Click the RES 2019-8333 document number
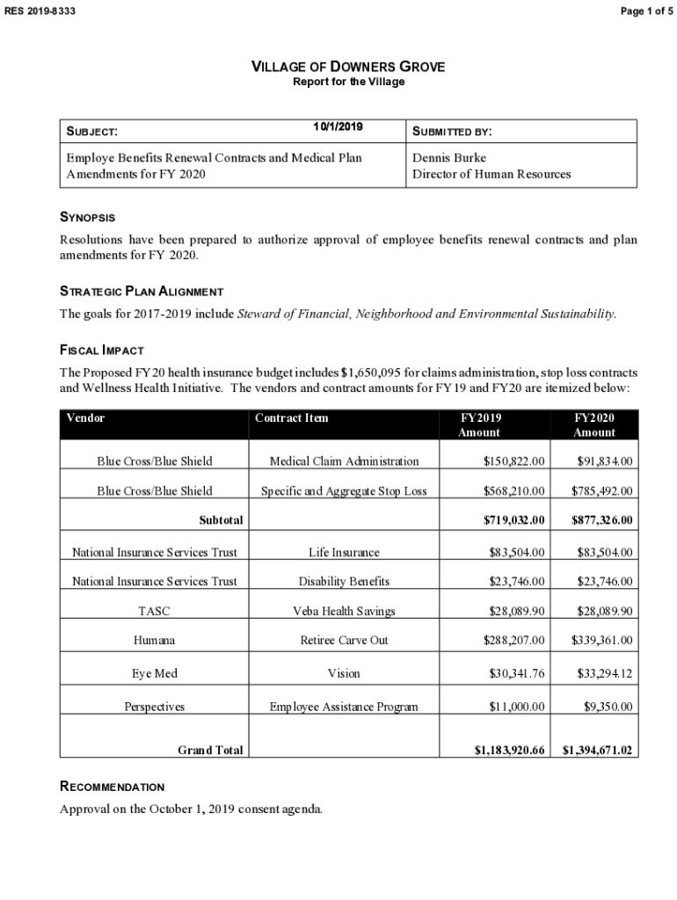pyautogui.click(x=40, y=10)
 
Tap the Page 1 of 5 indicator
pyautogui.click(x=645, y=10)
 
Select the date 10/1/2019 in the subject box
pyautogui.click(x=338, y=127)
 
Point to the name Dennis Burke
pyautogui.click(x=448, y=158)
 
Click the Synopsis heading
pyautogui.click(x=87, y=217)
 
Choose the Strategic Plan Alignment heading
pyautogui.click(x=141, y=291)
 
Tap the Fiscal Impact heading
pyautogui.click(x=101, y=350)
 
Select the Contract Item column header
pyautogui.click(x=291, y=418)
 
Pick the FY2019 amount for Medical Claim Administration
pyautogui.click(x=514, y=461)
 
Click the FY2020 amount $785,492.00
pyautogui.click(x=601, y=491)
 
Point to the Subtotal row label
pyautogui.click(x=221, y=520)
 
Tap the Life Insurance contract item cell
pyautogui.click(x=344, y=553)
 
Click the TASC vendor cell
pyautogui.click(x=154, y=611)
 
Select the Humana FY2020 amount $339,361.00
pyautogui.click(x=601, y=641)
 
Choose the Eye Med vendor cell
pyautogui.click(x=154, y=673)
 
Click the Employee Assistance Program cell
pyautogui.click(x=344, y=707)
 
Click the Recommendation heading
pyautogui.click(x=112, y=787)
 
